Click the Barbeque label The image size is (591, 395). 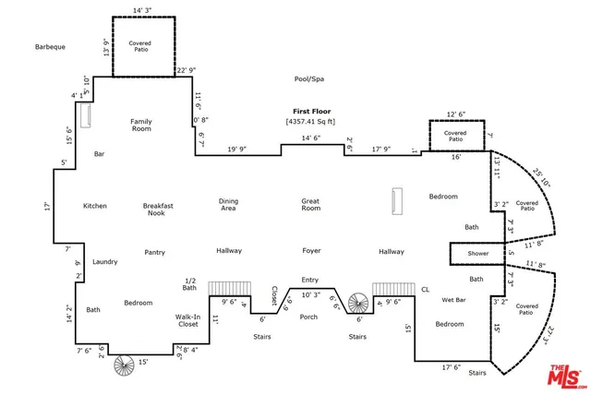coord(50,47)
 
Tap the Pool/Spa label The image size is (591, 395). coord(309,79)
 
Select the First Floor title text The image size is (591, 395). coord(312,112)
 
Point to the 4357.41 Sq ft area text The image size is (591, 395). coord(310,122)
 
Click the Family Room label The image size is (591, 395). coord(141,125)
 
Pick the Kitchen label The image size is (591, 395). coord(95,206)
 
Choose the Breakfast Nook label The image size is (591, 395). coord(158,209)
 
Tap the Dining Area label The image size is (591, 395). coord(228,205)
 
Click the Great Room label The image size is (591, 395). coord(310,205)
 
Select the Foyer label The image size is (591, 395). coord(311,251)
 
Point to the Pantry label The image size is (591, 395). coord(154,252)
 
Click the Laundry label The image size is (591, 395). coord(105,262)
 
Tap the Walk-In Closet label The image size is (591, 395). coord(187,320)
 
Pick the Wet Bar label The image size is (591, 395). coord(453,300)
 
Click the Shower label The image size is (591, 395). coord(478,254)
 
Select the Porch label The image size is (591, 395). coord(308,317)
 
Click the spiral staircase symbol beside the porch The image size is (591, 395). coord(358,303)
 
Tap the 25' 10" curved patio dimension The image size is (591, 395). coord(542,178)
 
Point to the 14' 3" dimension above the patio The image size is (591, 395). coord(142,10)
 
